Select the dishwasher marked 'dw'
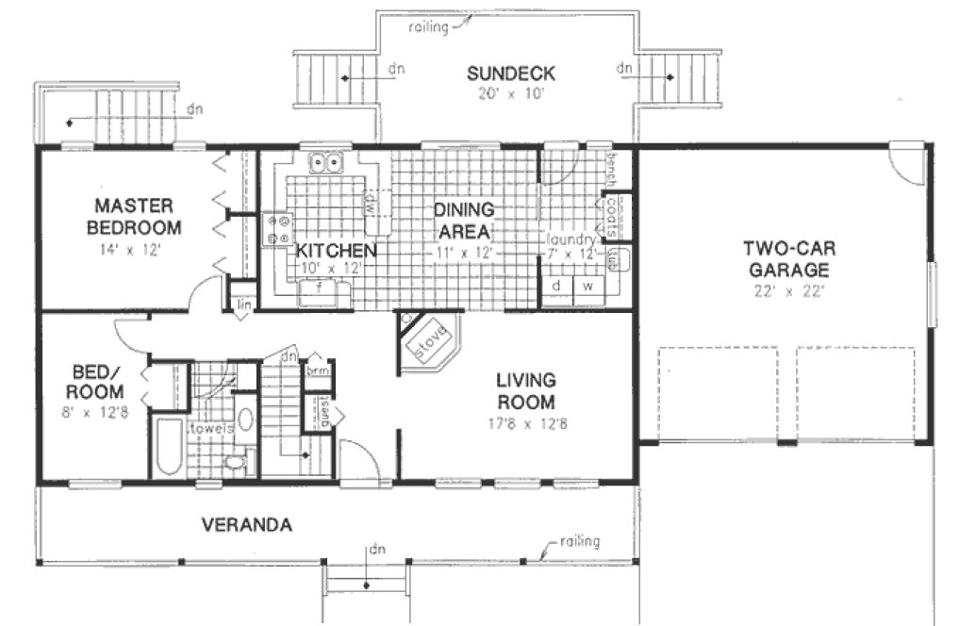click(x=369, y=202)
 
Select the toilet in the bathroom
click(x=236, y=461)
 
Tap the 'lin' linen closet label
click(x=243, y=304)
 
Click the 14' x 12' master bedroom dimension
click(x=132, y=251)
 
